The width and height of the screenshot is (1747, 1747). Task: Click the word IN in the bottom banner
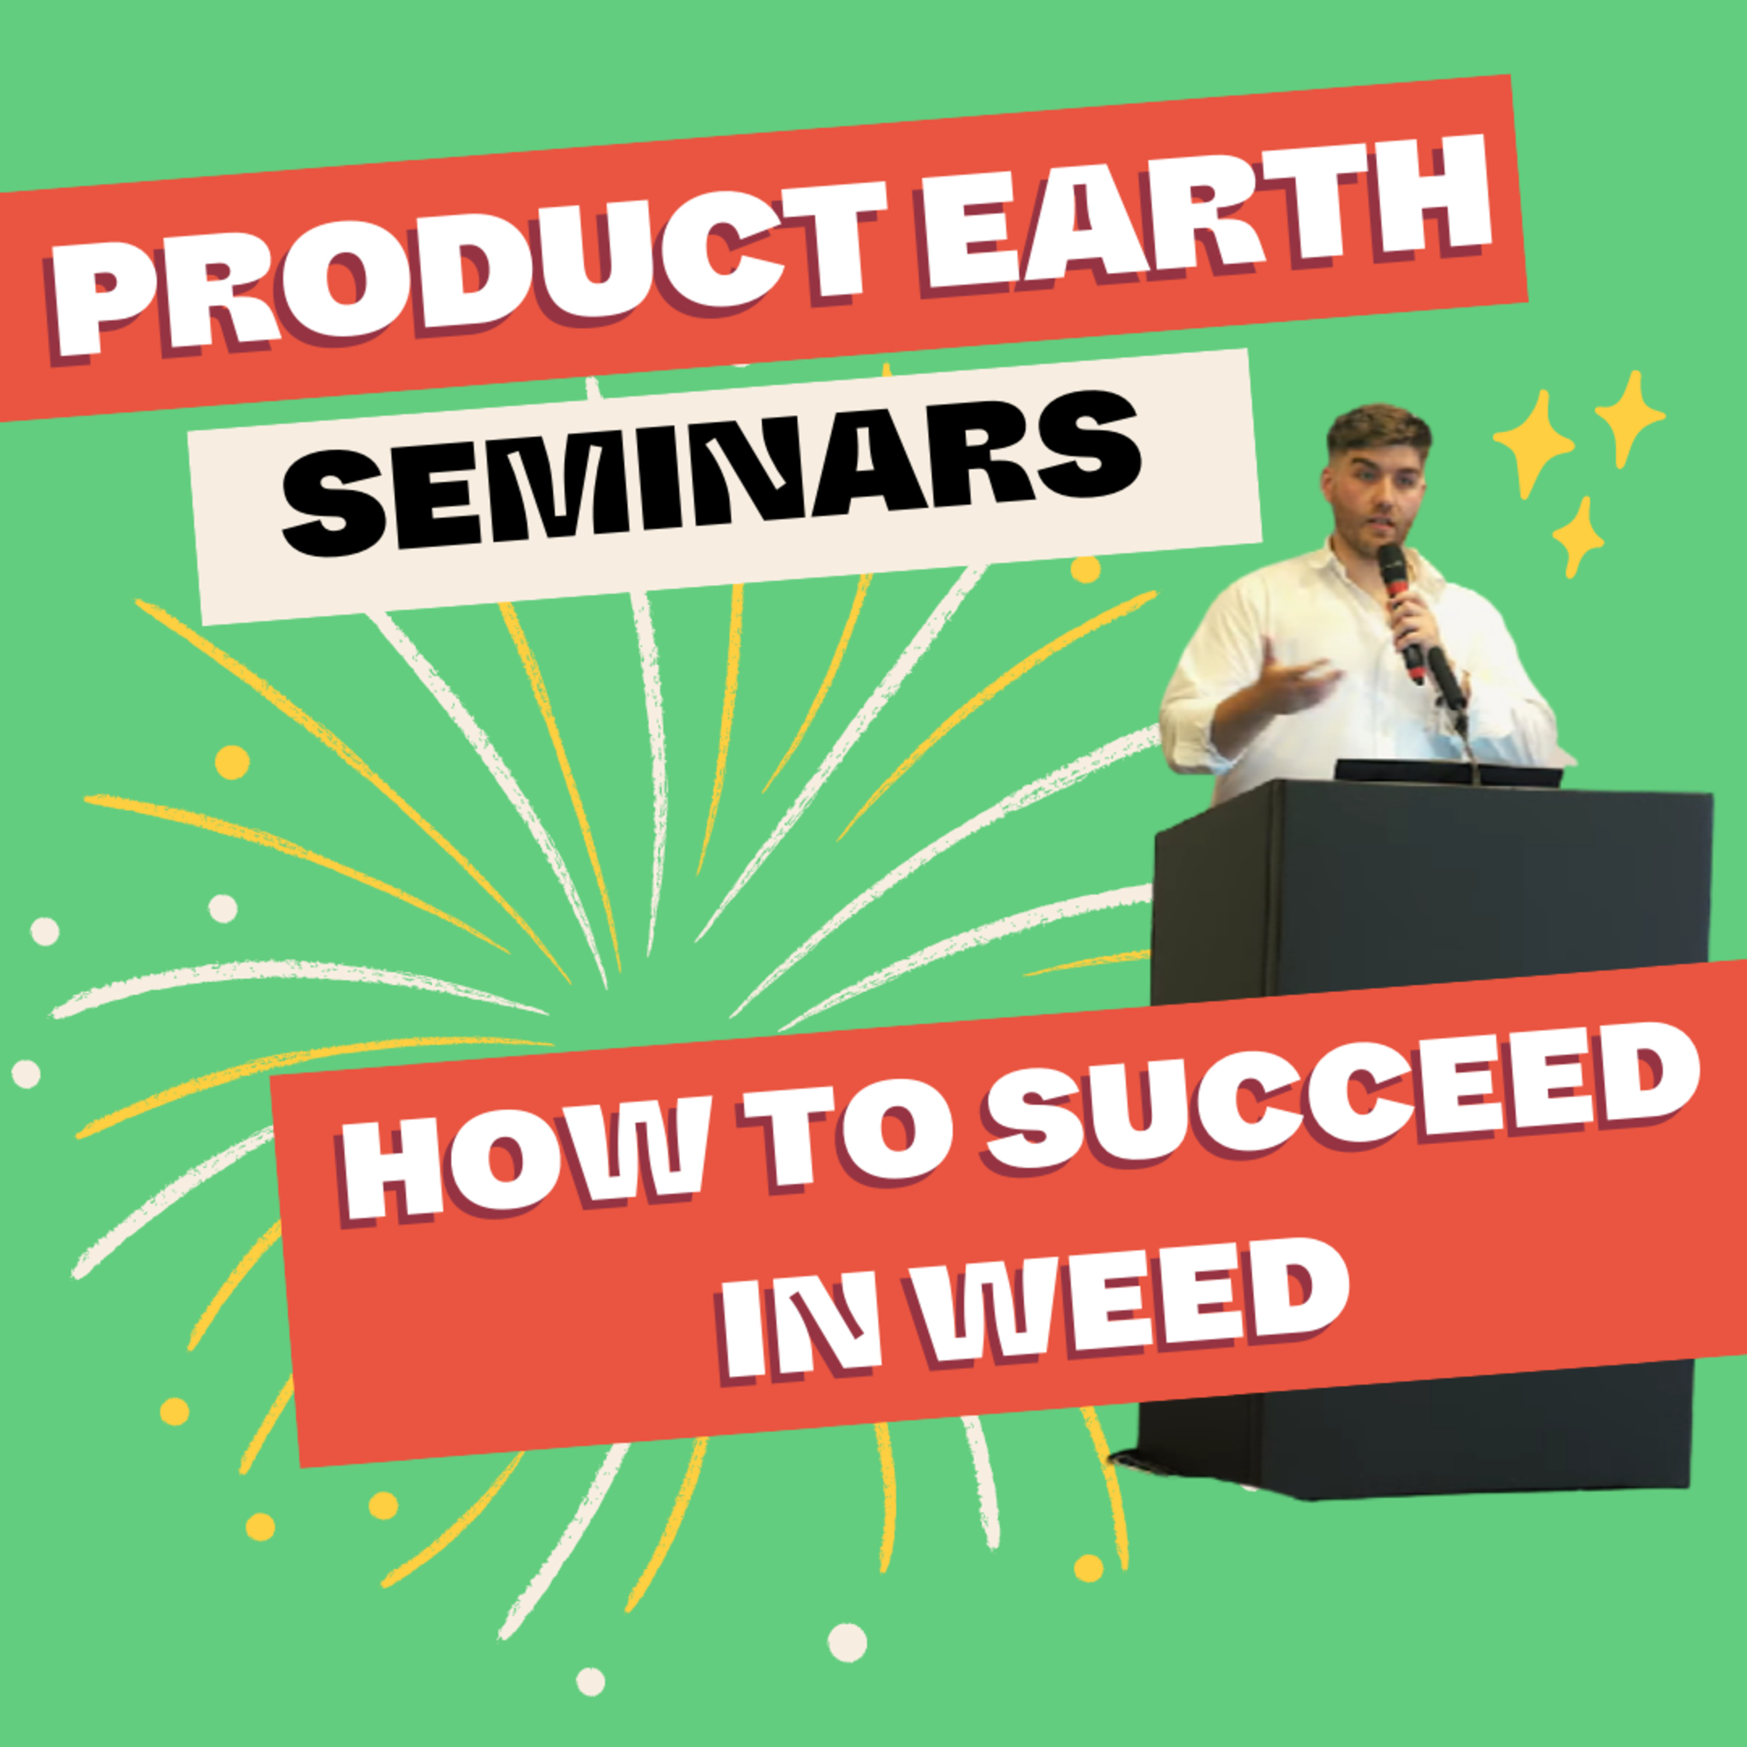pos(800,1329)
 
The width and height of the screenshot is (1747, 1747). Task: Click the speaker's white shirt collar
pos(1348,565)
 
